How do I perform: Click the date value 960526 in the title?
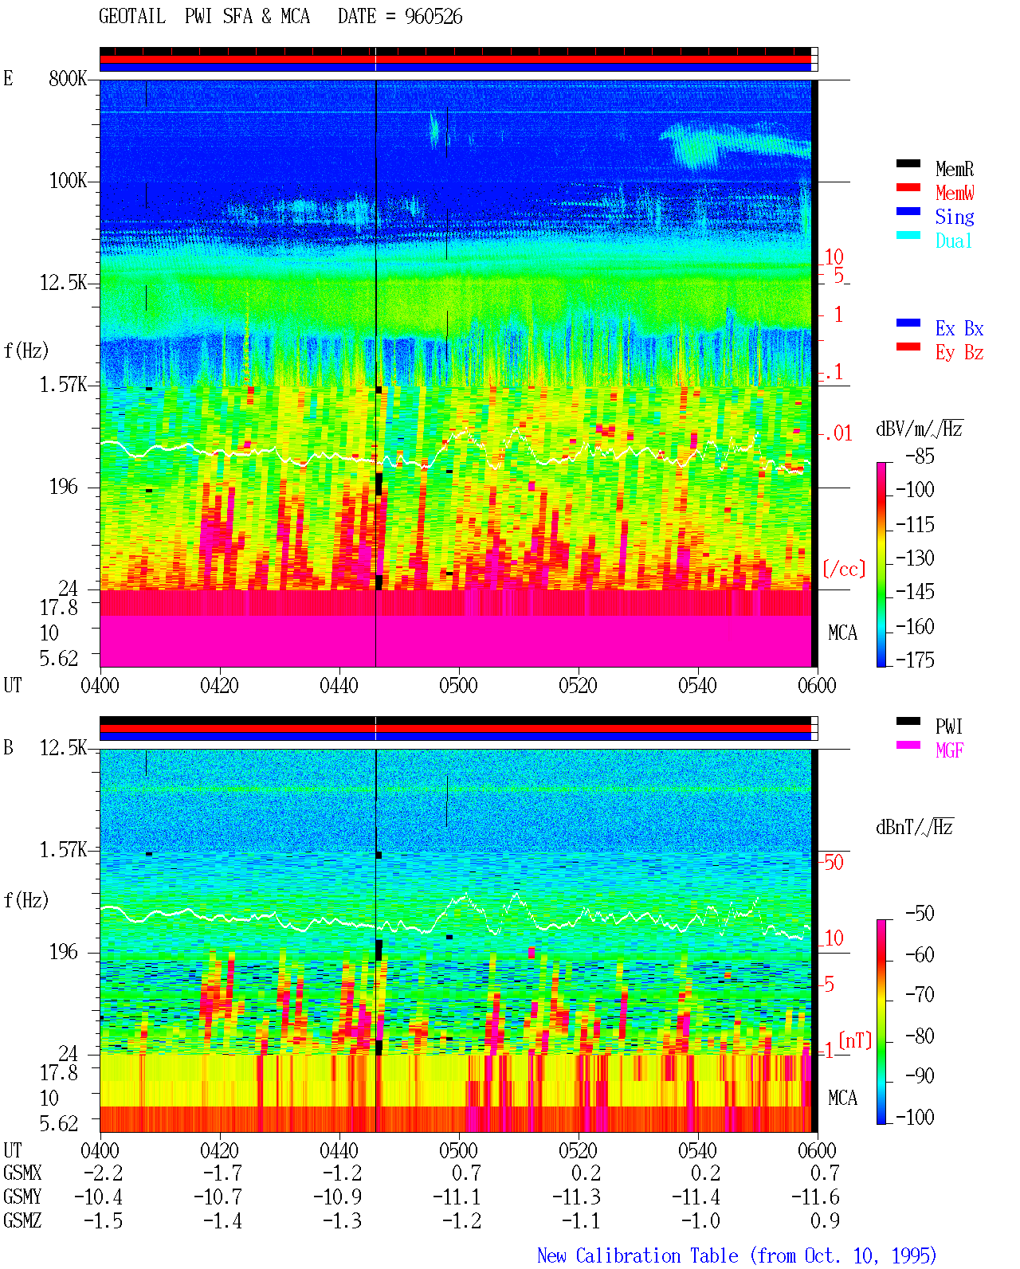point(433,17)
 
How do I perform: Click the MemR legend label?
point(955,169)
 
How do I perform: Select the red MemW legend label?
point(955,193)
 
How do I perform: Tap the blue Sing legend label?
point(955,217)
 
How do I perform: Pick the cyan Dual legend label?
point(953,241)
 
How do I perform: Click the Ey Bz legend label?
point(959,353)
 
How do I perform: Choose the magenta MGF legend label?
point(949,750)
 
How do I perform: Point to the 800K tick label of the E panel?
point(68,78)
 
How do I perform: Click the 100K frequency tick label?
point(68,181)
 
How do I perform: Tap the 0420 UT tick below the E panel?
point(219,686)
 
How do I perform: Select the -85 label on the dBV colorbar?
point(920,456)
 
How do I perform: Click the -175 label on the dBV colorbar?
point(915,660)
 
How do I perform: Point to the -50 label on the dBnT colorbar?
point(920,914)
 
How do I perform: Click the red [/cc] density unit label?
point(844,569)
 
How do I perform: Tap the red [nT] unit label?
point(855,1040)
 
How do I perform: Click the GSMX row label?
point(22,1173)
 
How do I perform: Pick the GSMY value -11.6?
point(815,1197)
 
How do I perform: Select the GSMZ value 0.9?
point(825,1220)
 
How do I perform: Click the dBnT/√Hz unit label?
point(914,828)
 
